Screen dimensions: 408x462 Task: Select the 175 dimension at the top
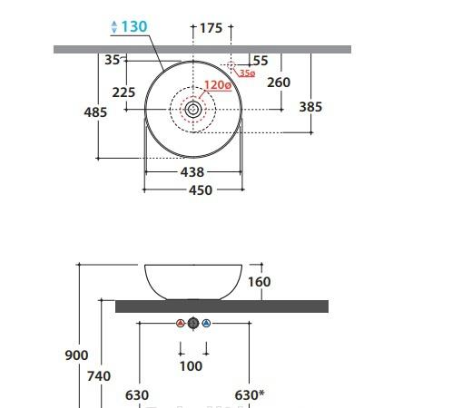tap(211, 28)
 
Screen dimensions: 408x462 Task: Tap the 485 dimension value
tap(94, 112)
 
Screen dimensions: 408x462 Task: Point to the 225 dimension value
tap(123, 92)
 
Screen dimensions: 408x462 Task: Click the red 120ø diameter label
tap(218, 85)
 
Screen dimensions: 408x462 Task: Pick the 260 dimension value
tap(279, 83)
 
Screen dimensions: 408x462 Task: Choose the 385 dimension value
tap(310, 106)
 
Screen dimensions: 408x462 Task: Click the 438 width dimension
tap(192, 171)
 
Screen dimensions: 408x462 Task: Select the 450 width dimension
tap(200, 190)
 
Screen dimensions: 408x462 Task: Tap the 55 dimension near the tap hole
tap(260, 61)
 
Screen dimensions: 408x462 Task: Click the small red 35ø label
tap(247, 73)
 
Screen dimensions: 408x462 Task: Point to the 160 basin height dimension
tap(259, 282)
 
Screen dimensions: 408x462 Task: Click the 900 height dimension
tap(77, 355)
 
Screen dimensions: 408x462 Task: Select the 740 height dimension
tap(98, 375)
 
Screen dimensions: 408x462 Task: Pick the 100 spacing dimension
tap(192, 366)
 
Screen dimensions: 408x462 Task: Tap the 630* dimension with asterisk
tap(249, 395)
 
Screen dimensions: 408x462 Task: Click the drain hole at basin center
tap(193, 109)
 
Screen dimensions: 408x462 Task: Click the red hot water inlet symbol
tap(180, 324)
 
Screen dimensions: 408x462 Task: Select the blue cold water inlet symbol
tap(206, 324)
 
